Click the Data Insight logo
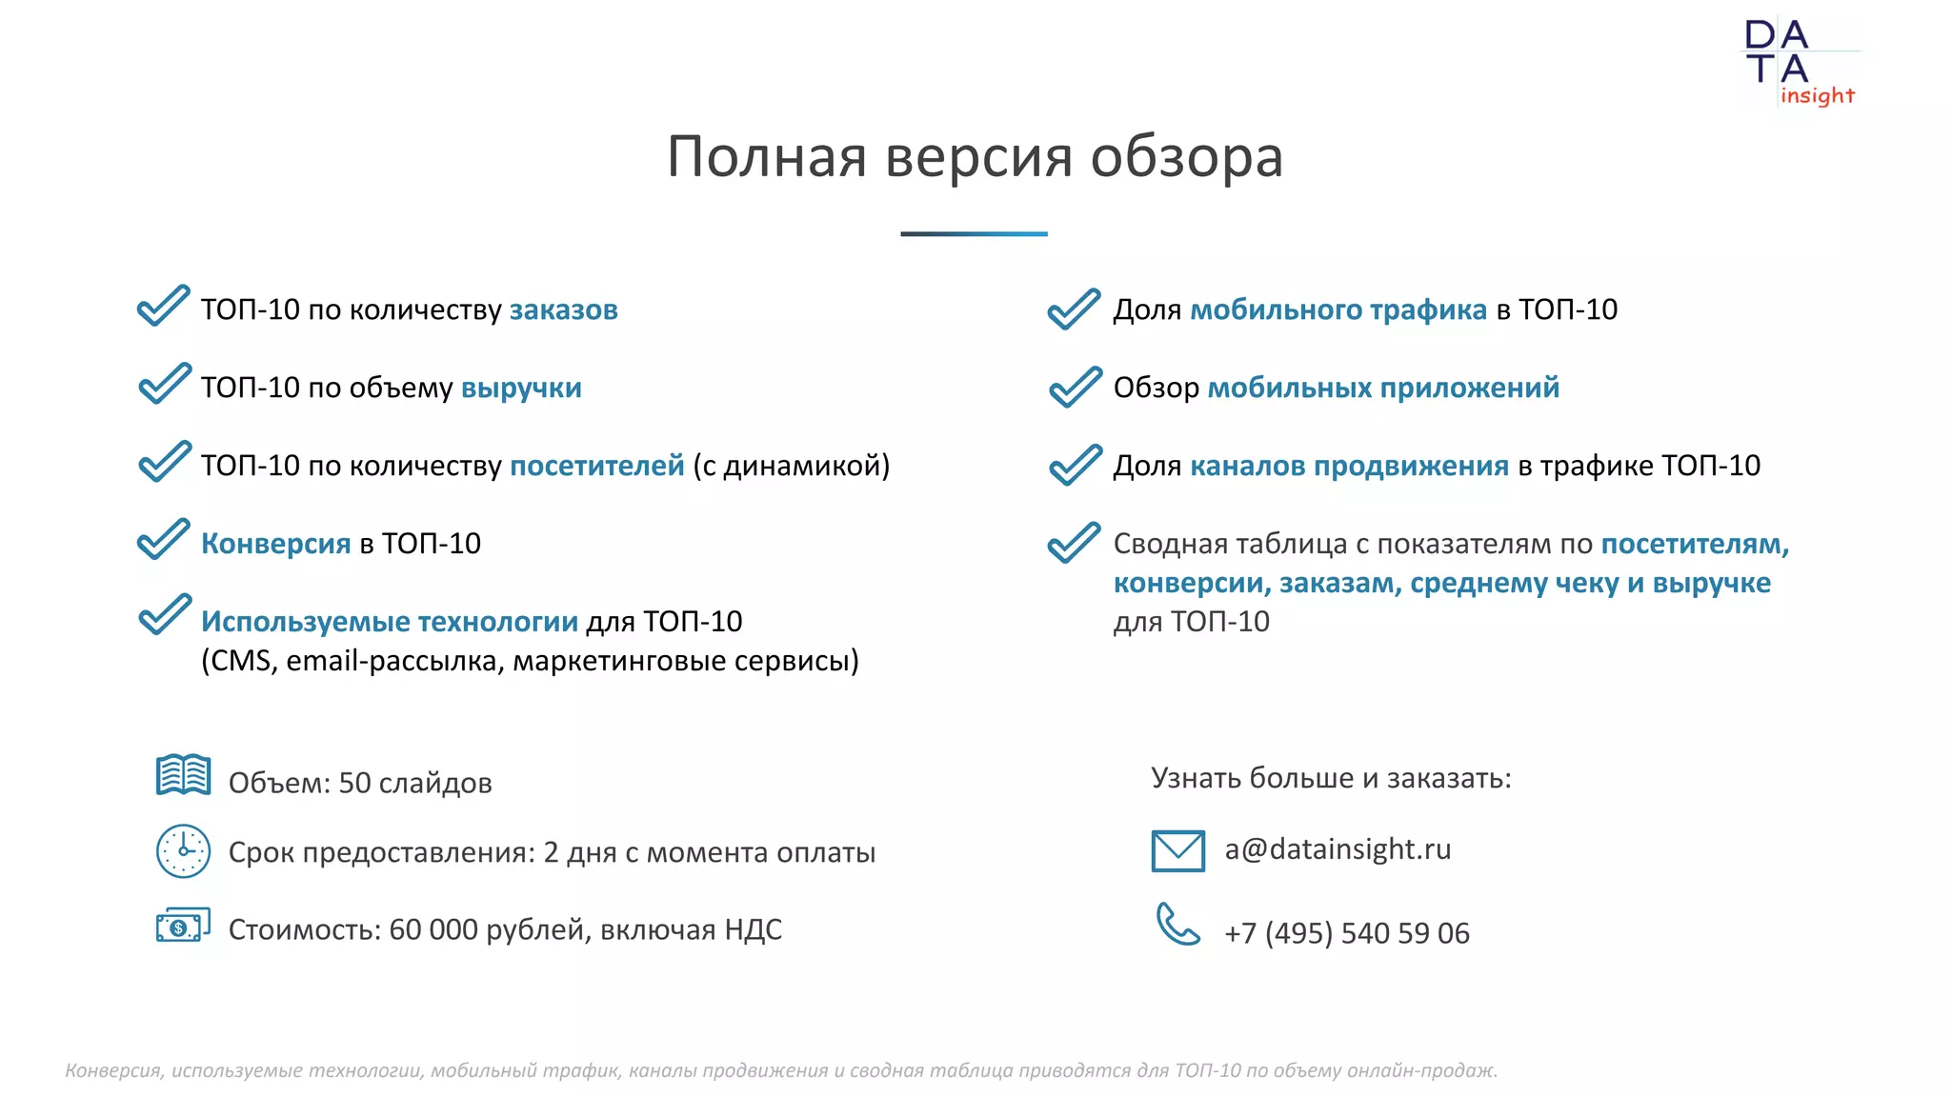click(1799, 63)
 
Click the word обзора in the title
click(1186, 156)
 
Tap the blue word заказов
click(563, 309)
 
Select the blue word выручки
click(521, 388)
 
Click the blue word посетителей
click(596, 466)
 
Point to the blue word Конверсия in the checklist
click(275, 544)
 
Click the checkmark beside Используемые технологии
click(165, 614)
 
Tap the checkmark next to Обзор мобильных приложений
click(1075, 387)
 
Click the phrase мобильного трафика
click(1338, 309)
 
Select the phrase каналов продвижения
click(1349, 466)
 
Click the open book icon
click(183, 775)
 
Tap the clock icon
click(183, 850)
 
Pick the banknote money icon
click(183, 926)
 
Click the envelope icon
click(1177, 850)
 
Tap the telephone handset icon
click(1177, 924)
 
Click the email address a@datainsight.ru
click(1338, 849)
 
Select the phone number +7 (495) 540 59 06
click(1346, 933)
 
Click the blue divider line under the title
click(974, 233)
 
